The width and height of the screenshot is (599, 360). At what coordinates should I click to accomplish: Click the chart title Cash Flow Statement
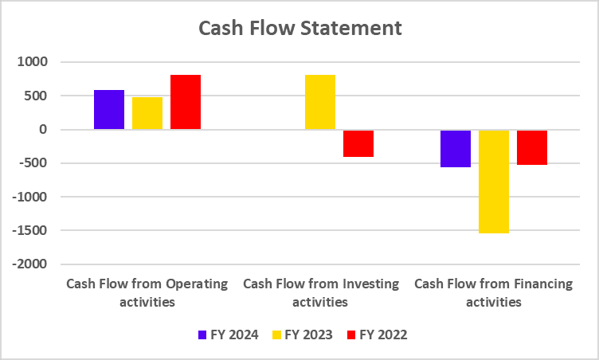(299, 29)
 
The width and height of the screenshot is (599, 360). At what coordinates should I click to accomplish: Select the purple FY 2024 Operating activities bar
(109, 110)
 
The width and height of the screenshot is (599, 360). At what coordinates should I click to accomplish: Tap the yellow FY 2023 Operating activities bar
(147, 113)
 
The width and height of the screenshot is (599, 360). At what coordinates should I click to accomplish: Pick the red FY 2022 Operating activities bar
(186, 102)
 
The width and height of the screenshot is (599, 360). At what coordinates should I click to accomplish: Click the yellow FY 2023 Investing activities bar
(320, 102)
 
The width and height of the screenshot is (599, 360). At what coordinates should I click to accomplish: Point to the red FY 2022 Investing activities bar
(358, 143)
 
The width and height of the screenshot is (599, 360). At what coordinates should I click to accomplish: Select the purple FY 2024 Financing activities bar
(456, 148)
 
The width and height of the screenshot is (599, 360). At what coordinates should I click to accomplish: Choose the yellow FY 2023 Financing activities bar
(494, 182)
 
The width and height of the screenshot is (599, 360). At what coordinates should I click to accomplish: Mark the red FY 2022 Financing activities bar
(532, 147)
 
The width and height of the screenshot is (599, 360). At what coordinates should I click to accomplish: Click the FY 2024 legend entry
(228, 335)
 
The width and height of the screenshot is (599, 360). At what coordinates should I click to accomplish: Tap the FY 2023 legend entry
(302, 335)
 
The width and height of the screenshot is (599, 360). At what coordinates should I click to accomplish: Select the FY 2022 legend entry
(377, 335)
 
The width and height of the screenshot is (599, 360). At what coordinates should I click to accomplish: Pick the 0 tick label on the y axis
(44, 130)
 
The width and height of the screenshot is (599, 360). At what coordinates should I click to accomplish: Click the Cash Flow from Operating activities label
(147, 292)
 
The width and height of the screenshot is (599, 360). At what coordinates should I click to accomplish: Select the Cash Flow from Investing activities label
(320, 292)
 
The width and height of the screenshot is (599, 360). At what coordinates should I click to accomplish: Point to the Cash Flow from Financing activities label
(494, 292)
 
